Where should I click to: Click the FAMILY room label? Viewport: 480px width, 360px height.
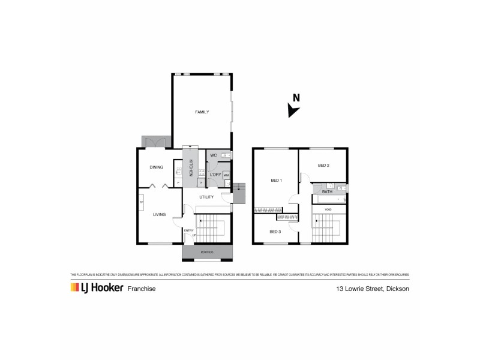pos(202,112)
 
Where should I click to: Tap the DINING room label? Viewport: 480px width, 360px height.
pos(157,167)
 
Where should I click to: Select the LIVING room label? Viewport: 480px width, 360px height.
pos(159,214)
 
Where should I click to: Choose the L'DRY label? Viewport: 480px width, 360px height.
pos(216,175)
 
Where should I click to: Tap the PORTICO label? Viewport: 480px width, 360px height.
pos(207,252)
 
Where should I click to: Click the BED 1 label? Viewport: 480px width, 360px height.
pos(276,180)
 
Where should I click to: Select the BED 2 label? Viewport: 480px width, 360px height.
pos(323,166)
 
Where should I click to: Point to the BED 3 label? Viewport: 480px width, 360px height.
pos(275,231)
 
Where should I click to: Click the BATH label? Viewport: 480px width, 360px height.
pos(327,200)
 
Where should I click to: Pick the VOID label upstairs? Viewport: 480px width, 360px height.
pos(328,209)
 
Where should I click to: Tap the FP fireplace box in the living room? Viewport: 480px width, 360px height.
pos(142,202)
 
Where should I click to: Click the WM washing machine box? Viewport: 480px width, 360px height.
pos(226,175)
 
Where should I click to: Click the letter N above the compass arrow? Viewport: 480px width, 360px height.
pos(296,98)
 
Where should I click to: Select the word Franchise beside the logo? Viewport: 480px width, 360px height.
pos(142,289)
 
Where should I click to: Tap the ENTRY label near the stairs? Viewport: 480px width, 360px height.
pos(188,230)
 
